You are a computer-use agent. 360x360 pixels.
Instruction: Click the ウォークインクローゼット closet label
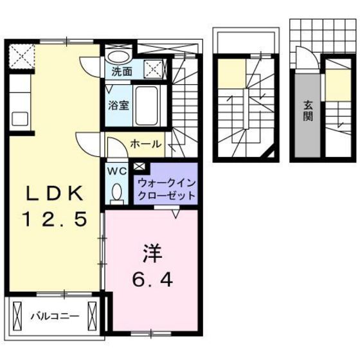coord(165,188)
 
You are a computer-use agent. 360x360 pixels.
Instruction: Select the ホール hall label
coord(145,144)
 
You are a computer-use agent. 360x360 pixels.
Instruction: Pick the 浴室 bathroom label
coord(116,102)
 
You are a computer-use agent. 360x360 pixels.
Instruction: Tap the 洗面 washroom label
coord(122,71)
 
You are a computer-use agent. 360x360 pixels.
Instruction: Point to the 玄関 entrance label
coord(308,113)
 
